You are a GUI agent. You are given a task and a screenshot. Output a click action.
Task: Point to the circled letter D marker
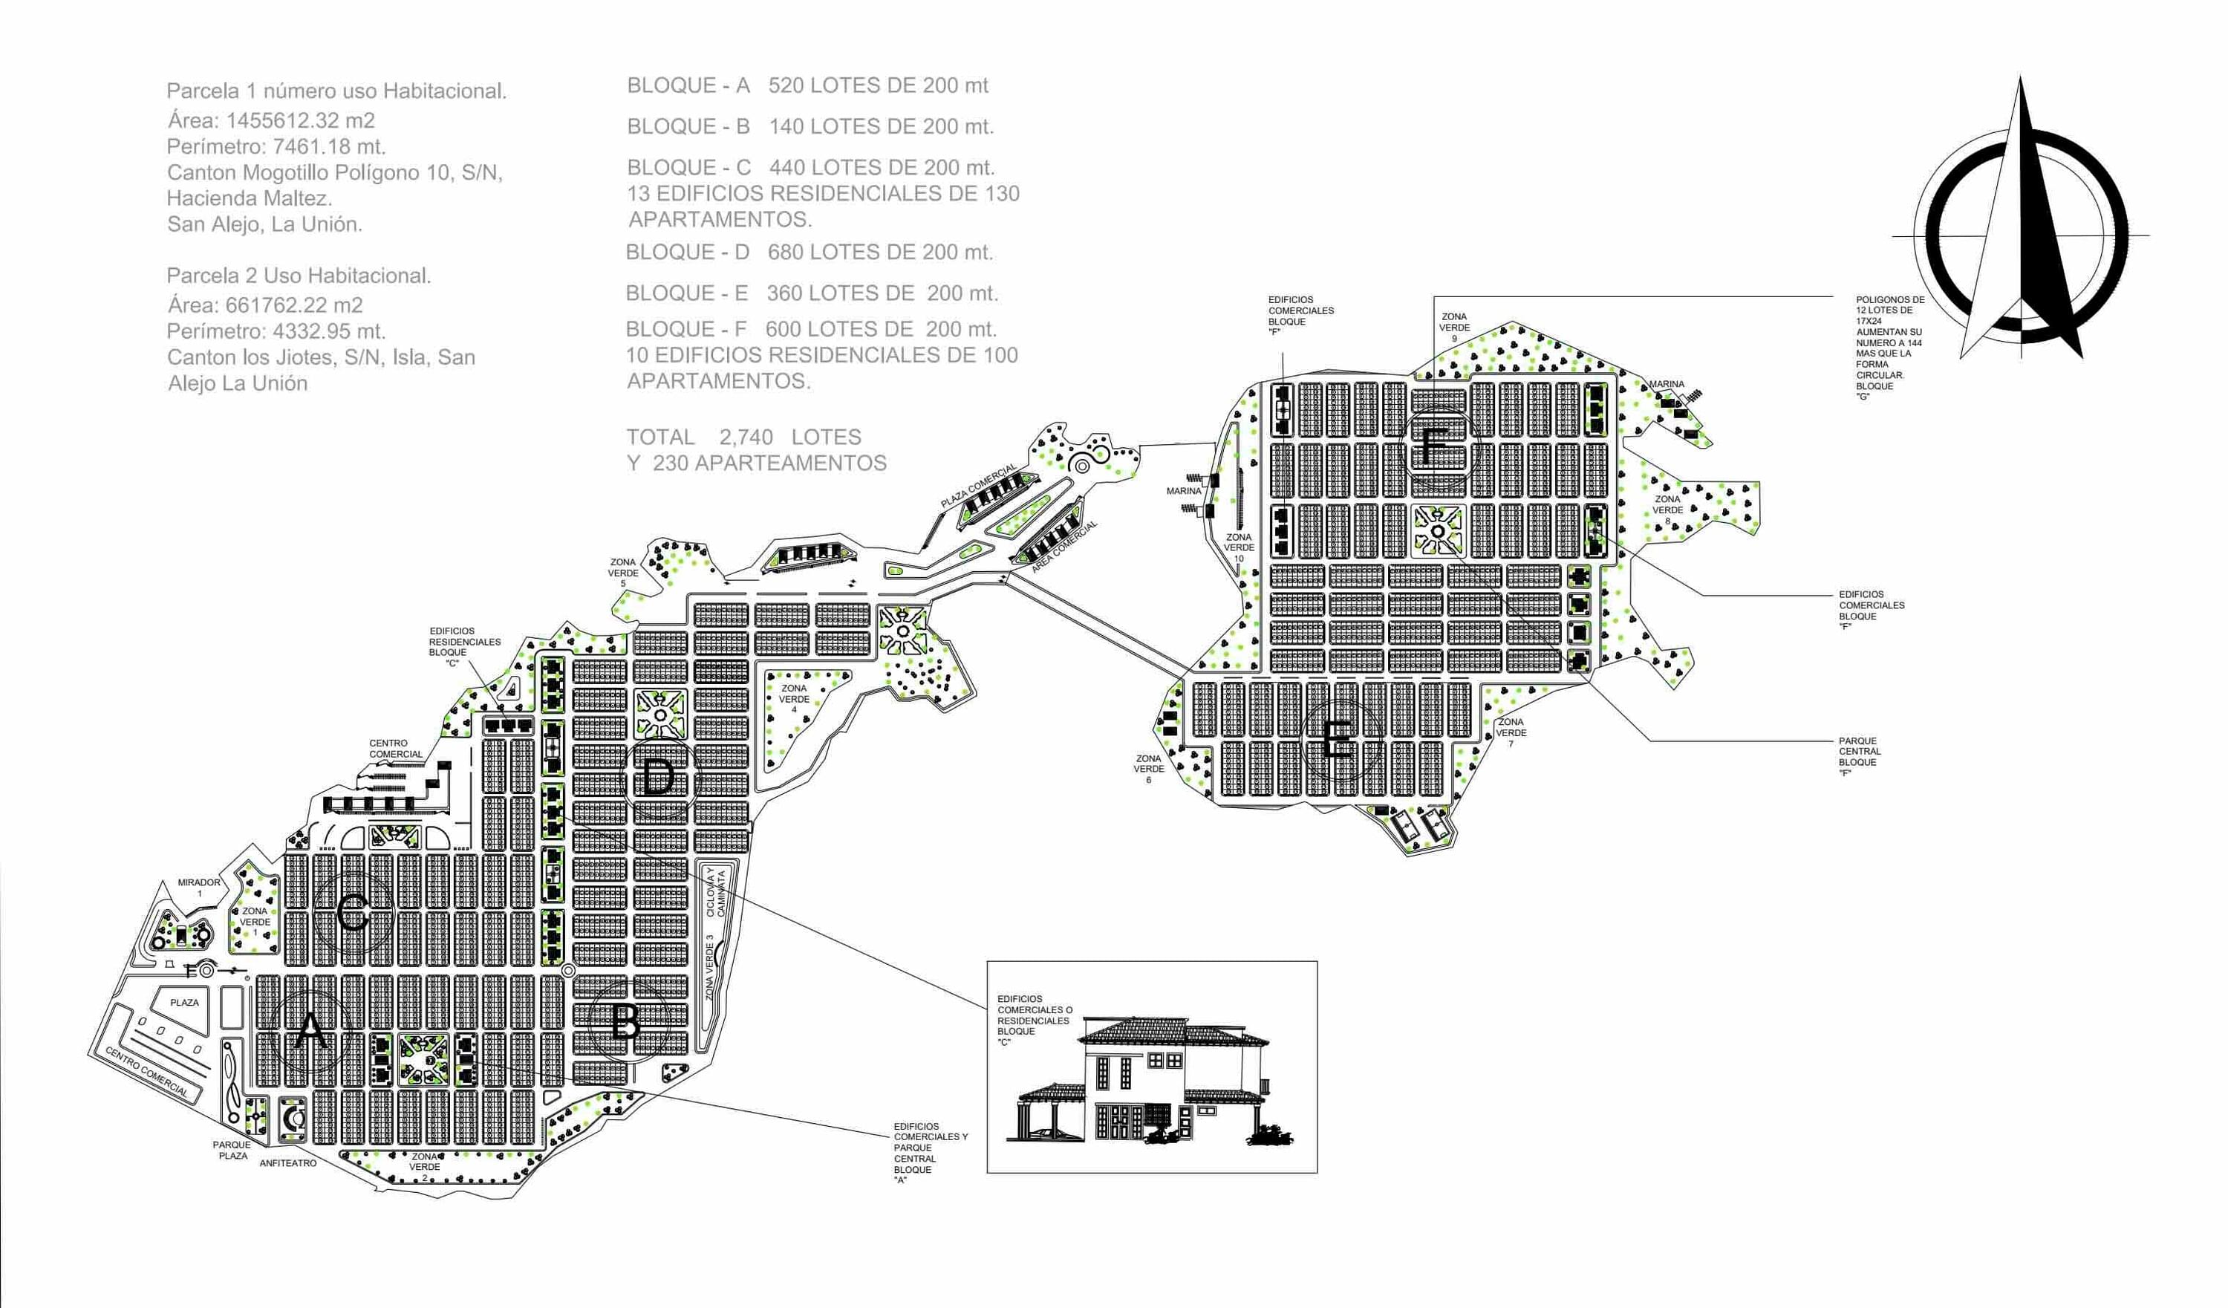pos(659,779)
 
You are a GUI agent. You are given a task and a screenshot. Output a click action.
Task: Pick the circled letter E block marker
pos(1338,741)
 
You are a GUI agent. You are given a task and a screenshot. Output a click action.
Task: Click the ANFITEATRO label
pos(287,1164)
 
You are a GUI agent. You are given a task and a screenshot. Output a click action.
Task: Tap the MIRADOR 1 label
pos(199,888)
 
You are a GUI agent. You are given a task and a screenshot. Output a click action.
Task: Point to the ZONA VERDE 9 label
pos(1454,328)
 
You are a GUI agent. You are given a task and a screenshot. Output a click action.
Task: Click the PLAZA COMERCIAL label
pos(978,486)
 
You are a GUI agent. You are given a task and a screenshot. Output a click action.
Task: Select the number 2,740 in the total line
pos(746,437)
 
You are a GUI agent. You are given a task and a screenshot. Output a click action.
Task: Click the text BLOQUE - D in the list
pos(687,252)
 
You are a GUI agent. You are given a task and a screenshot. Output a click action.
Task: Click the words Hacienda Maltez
pos(250,198)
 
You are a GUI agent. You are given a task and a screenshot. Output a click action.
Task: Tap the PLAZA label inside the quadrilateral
pos(184,1002)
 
